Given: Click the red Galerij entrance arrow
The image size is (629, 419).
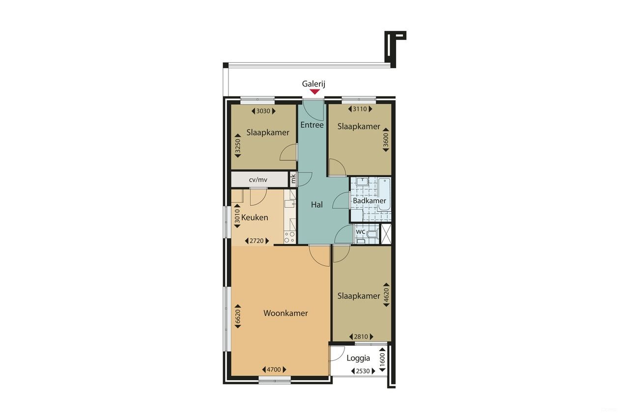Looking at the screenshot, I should point(314,91).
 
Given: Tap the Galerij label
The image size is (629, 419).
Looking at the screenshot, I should point(314,84).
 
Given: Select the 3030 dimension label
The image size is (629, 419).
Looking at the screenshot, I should point(263,111).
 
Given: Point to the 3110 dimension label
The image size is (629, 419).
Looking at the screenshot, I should point(360,109).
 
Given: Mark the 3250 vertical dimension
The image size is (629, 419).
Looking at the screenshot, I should point(237,147).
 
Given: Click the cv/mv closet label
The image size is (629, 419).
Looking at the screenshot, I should point(258,179).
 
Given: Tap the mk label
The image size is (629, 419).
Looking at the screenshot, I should point(293,179).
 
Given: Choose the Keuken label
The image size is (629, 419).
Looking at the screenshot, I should point(255,217).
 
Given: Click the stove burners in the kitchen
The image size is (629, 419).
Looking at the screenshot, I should point(289,237).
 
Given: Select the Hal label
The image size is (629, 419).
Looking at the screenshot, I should point(317,205).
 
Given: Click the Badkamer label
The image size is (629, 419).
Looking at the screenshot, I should point(370,201).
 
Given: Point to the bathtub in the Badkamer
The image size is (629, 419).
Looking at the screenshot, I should point(384,194).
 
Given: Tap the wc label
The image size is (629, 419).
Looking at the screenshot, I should point(360,231).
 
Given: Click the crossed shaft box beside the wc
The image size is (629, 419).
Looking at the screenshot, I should point(386,234).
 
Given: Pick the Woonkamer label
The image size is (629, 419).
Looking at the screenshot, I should point(286,313).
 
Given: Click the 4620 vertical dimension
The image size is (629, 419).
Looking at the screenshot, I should point(386,295).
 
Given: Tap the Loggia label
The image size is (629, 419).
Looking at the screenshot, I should point(358,358).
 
